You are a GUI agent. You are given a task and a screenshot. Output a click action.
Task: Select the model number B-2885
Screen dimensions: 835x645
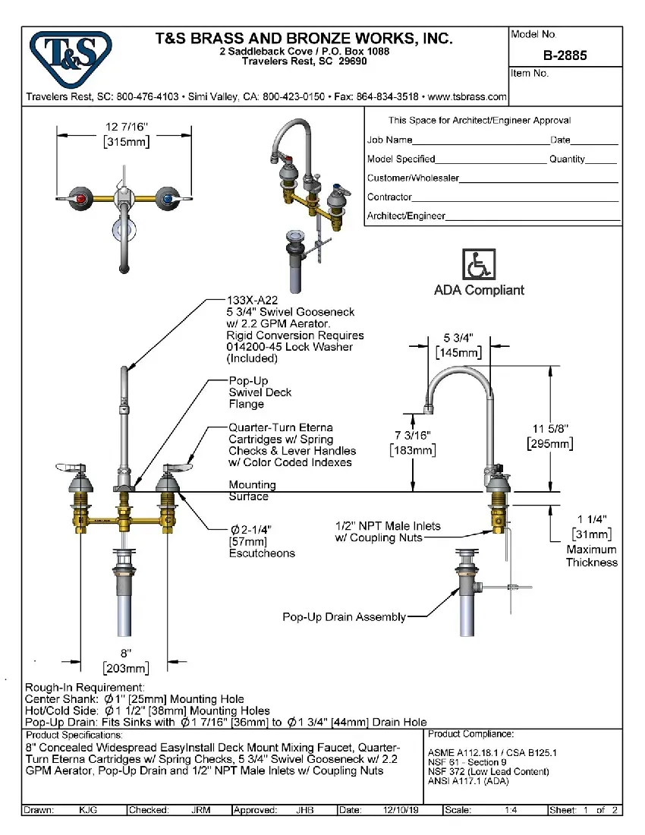coord(565,55)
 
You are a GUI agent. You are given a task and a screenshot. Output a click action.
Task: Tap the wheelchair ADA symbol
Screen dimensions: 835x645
coord(478,265)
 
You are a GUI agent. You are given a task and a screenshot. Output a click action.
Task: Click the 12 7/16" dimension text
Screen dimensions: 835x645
coord(126,126)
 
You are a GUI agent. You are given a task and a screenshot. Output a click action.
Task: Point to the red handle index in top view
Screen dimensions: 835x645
coord(80,198)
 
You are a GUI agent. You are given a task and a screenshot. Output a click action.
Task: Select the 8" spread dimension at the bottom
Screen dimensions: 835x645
coord(126,653)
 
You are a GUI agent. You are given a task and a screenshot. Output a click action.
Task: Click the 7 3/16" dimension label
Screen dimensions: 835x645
coord(412,435)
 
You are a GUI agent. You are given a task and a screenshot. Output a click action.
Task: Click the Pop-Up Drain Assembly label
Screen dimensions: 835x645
coord(344,617)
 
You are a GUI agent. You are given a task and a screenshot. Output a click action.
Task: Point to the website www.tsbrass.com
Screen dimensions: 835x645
coord(467,97)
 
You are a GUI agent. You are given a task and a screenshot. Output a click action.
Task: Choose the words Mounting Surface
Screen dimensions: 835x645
coord(253,490)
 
